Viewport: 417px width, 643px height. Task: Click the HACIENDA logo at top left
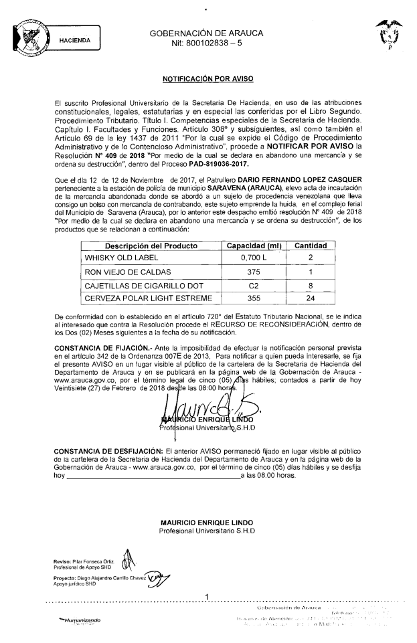click(56, 38)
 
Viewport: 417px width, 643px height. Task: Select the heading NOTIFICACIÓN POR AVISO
click(208, 79)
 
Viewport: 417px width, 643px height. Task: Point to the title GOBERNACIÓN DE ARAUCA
click(206, 33)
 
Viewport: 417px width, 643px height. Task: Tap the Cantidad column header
click(311, 246)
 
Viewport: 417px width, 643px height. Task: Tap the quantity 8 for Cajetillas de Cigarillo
click(310, 285)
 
